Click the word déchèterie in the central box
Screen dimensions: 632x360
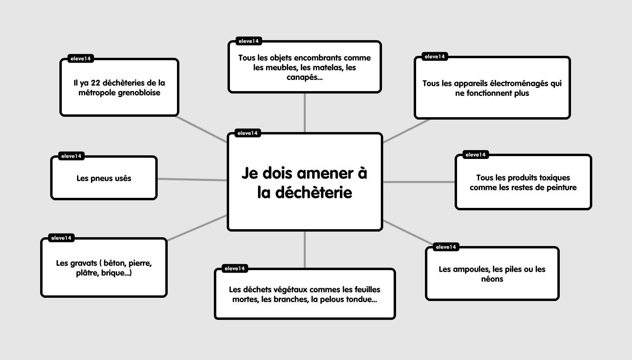coord(314,193)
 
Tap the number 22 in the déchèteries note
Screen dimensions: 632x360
coord(96,83)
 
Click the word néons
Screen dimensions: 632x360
coord(492,279)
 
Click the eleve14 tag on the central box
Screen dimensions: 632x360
coord(248,133)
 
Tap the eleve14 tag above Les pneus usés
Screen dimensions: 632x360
coord(71,156)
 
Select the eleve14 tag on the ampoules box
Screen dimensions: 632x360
coord(446,247)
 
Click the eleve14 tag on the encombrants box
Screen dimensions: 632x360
coord(248,41)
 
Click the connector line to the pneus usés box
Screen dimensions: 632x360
coord(192,179)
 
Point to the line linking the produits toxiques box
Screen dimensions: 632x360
coord(419,182)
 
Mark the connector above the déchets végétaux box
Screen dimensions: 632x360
coord(305,249)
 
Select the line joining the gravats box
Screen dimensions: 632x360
coord(197,228)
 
